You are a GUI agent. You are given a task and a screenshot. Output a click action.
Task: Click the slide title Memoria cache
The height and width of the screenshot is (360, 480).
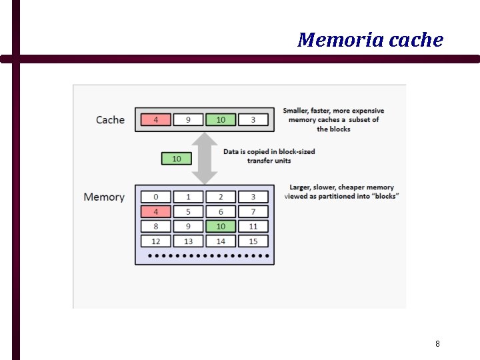pyautogui.click(x=370, y=40)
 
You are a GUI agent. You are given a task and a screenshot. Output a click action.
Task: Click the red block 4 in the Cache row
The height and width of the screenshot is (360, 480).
pyautogui.click(x=156, y=120)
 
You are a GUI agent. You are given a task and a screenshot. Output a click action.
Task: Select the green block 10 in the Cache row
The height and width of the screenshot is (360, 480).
pyautogui.click(x=221, y=120)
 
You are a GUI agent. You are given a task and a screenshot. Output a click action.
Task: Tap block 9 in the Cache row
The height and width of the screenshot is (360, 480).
pyautogui.click(x=188, y=120)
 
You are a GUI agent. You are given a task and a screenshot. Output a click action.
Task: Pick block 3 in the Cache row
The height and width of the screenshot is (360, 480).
pyautogui.click(x=253, y=120)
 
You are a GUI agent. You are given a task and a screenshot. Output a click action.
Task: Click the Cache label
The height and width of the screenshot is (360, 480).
pyautogui.click(x=110, y=120)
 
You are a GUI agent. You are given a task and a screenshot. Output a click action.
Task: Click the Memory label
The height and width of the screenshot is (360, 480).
pyautogui.click(x=104, y=197)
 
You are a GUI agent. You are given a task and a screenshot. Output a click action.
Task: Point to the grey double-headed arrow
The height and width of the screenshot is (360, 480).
pyautogui.click(x=205, y=158)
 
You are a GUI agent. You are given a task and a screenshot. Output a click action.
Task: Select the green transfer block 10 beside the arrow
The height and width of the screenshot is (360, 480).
pyautogui.click(x=176, y=159)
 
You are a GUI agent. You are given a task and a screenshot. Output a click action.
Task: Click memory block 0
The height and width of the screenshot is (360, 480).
pyautogui.click(x=156, y=197)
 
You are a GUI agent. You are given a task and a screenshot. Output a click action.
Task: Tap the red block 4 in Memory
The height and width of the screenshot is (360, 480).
pyautogui.click(x=156, y=212)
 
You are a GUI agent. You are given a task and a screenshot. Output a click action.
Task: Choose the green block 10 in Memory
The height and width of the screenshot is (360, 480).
pyautogui.click(x=221, y=227)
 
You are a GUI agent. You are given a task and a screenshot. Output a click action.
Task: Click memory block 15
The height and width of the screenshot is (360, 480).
pyautogui.click(x=253, y=241)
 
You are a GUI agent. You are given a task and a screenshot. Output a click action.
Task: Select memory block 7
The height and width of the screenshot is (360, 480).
pyautogui.click(x=253, y=212)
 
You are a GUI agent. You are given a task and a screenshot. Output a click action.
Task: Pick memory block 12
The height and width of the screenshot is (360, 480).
pyautogui.click(x=156, y=241)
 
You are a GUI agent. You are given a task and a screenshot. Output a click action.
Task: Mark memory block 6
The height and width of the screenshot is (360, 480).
pyautogui.click(x=221, y=212)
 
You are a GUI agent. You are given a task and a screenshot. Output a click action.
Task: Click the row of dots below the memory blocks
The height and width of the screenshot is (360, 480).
pyautogui.click(x=208, y=255)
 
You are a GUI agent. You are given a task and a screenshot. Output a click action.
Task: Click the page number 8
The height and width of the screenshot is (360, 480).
pyautogui.click(x=437, y=344)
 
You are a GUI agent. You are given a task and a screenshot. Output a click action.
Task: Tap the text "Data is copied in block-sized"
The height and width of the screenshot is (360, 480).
pyautogui.click(x=269, y=152)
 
